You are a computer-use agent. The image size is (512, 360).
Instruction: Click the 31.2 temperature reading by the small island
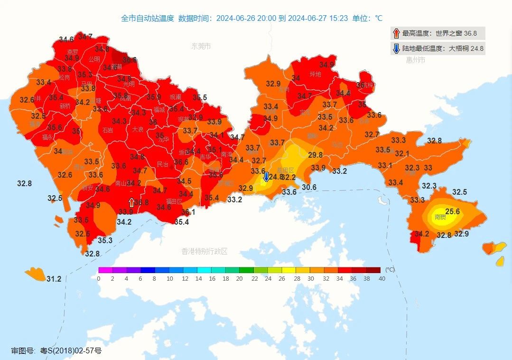click(54, 279)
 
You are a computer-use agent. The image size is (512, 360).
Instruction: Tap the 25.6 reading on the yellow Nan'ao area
click(452, 211)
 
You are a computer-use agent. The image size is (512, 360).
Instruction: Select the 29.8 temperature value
click(315, 155)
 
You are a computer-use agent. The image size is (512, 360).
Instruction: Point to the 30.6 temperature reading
click(309, 188)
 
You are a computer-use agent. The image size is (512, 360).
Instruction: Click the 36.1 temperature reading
click(188, 212)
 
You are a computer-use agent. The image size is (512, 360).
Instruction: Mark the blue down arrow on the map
click(266, 177)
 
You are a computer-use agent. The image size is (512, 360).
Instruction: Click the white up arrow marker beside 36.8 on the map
click(131, 202)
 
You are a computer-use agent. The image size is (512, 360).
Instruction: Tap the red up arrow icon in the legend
click(396, 33)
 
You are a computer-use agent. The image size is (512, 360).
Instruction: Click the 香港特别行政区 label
click(205, 251)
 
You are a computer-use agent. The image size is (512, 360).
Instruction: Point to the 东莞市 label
click(201, 46)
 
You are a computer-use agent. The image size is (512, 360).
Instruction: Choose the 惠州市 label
click(415, 60)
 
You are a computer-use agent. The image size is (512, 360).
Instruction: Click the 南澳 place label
click(440, 217)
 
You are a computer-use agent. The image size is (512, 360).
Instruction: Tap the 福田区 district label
click(174, 201)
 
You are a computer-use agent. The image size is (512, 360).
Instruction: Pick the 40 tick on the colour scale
click(382, 278)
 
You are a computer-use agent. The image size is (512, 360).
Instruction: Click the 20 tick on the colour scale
click(240, 278)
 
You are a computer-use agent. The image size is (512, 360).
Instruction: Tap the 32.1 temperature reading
click(401, 153)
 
